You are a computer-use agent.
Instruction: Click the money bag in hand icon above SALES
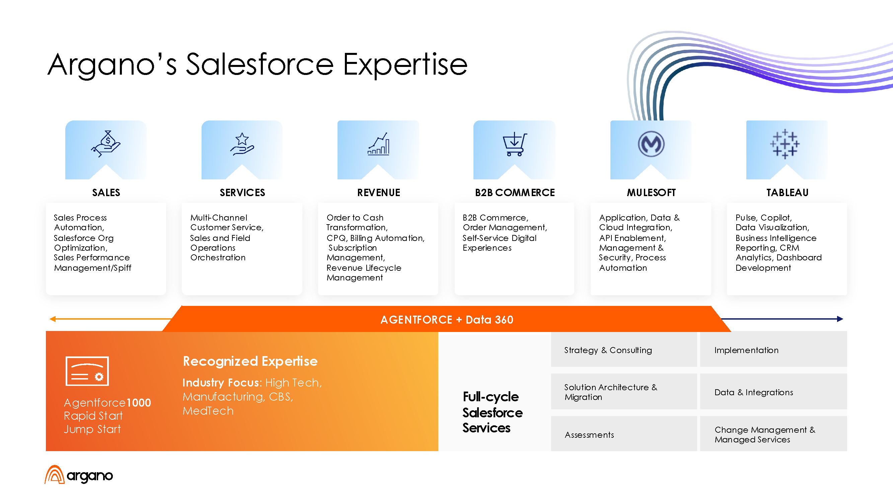(x=106, y=144)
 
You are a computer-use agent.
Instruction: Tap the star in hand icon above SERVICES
(x=242, y=144)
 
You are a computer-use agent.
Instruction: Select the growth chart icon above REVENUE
(x=378, y=144)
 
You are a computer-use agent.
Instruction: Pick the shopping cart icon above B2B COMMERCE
(x=515, y=144)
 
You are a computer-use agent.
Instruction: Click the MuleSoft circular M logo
(x=651, y=144)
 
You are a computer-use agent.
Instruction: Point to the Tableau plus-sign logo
(x=785, y=144)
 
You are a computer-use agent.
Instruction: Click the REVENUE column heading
(x=379, y=193)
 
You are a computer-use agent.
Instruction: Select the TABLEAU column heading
(x=787, y=193)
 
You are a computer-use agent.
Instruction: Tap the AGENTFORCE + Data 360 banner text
(x=447, y=319)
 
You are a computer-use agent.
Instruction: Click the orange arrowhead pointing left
(x=53, y=319)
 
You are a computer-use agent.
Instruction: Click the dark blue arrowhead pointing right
(x=840, y=319)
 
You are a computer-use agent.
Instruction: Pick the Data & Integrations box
(x=773, y=392)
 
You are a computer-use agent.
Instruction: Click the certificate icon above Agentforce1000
(x=87, y=371)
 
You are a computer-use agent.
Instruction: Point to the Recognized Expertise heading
(x=250, y=361)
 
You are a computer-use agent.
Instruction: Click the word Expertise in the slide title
(x=405, y=65)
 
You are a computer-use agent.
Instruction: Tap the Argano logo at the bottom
(x=79, y=475)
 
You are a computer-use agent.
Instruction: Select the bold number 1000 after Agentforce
(x=139, y=403)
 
